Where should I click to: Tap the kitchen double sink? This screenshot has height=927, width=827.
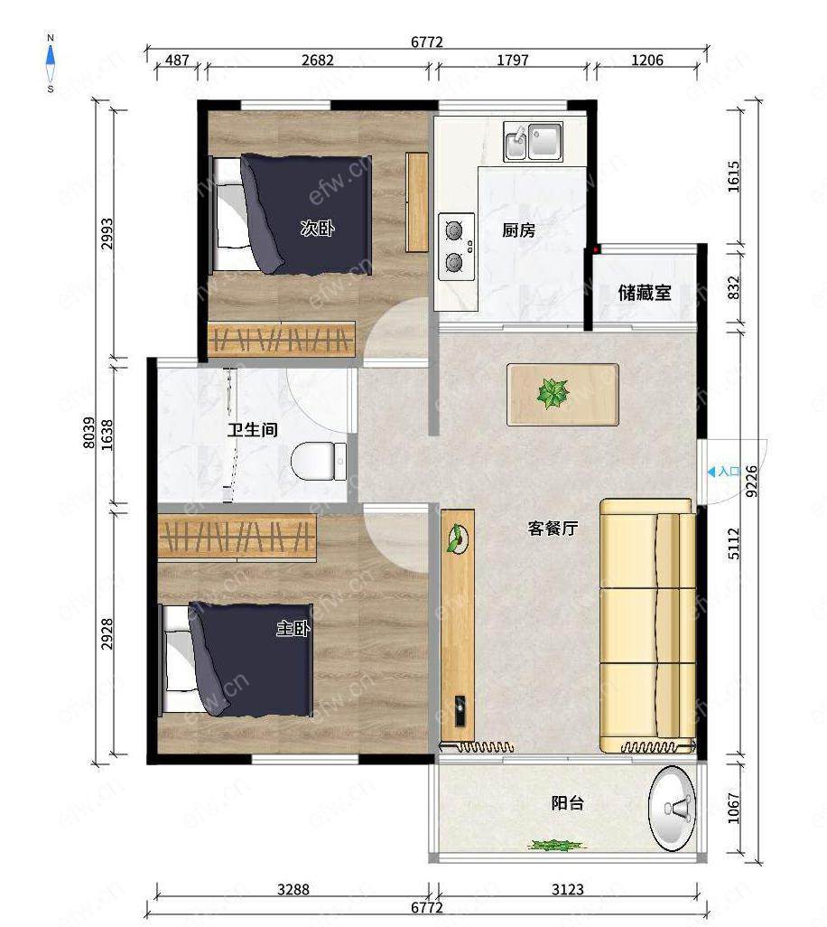534,141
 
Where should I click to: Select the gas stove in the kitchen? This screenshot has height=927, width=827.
456,247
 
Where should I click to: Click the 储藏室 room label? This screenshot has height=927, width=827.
645,292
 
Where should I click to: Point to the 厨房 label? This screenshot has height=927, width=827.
518,229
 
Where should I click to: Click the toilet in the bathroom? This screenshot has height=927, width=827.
319,461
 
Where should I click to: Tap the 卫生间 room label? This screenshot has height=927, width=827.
252,429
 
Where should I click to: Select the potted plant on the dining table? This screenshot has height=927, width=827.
553,393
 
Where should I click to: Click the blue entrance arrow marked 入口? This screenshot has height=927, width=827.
711,472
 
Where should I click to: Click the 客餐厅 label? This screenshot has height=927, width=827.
553,528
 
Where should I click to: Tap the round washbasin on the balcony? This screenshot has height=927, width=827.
673,808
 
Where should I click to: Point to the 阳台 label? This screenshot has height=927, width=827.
568,803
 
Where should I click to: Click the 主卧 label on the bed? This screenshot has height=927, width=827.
293,628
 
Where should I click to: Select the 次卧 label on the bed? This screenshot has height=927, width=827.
317,228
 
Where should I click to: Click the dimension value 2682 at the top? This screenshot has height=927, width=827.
318,60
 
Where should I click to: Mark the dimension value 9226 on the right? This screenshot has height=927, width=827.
751,481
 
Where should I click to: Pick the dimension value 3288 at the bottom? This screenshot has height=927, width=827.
293,889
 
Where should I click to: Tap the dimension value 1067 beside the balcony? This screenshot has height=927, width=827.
733,808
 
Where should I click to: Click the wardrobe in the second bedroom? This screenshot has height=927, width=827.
281,339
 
